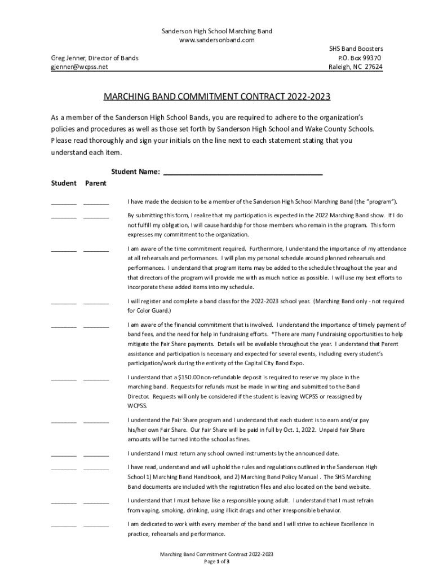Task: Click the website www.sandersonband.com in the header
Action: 217,40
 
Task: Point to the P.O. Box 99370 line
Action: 359,58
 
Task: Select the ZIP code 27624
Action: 371,67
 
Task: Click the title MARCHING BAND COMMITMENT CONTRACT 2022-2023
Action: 217,97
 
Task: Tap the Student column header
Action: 63,183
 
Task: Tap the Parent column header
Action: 96,183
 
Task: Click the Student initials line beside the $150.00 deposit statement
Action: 63,379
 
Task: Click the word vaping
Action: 149,510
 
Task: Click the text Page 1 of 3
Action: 217,562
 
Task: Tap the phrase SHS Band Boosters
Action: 356,49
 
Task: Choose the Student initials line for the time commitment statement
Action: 63,250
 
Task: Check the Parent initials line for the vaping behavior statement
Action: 96,502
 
